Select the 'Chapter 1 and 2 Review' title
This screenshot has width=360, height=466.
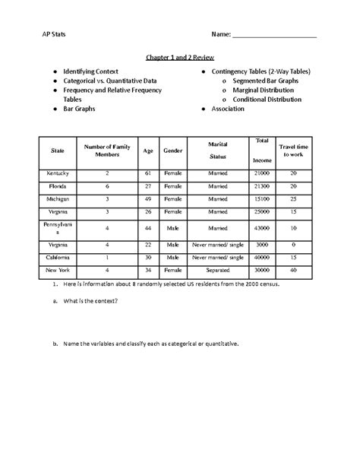(x=180, y=56)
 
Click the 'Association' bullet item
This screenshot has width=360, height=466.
(x=229, y=109)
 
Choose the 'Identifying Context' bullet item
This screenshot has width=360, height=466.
(x=90, y=71)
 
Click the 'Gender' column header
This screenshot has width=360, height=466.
(x=172, y=151)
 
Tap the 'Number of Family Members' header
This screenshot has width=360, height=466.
(x=108, y=150)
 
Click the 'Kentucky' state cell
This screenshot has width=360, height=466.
(x=57, y=173)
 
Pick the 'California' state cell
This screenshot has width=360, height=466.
(x=57, y=257)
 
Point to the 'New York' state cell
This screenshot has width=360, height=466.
(x=57, y=270)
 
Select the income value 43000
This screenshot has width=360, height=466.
(x=262, y=227)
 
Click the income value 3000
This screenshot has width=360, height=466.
(x=262, y=244)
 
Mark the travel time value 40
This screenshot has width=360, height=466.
(x=292, y=270)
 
